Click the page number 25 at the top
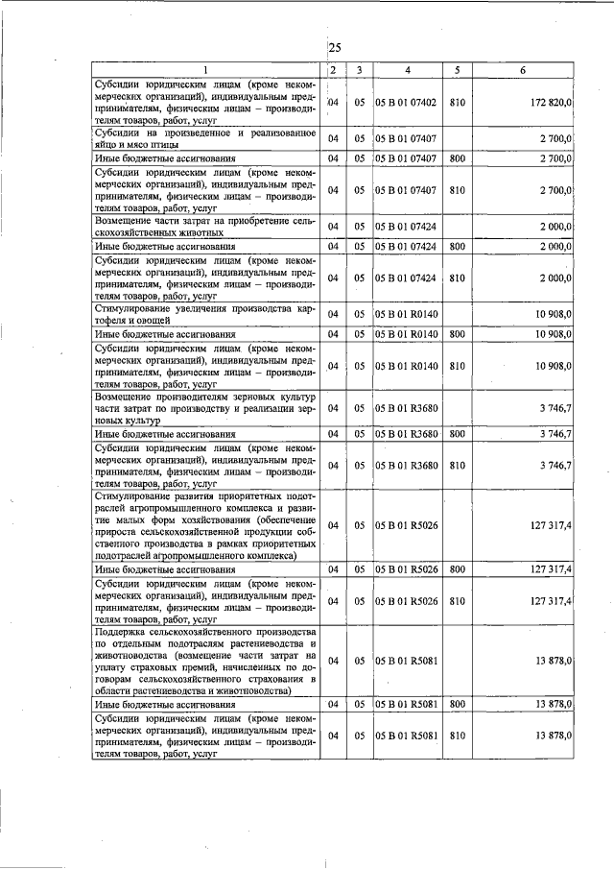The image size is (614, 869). click(x=334, y=48)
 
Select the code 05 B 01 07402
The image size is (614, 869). click(x=408, y=102)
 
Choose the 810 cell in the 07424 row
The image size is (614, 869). click(x=458, y=278)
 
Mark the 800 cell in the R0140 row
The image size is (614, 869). click(x=458, y=334)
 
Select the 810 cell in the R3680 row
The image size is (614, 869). click(x=458, y=465)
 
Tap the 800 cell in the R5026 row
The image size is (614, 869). click(x=458, y=569)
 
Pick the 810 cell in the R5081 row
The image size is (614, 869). click(x=458, y=735)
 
